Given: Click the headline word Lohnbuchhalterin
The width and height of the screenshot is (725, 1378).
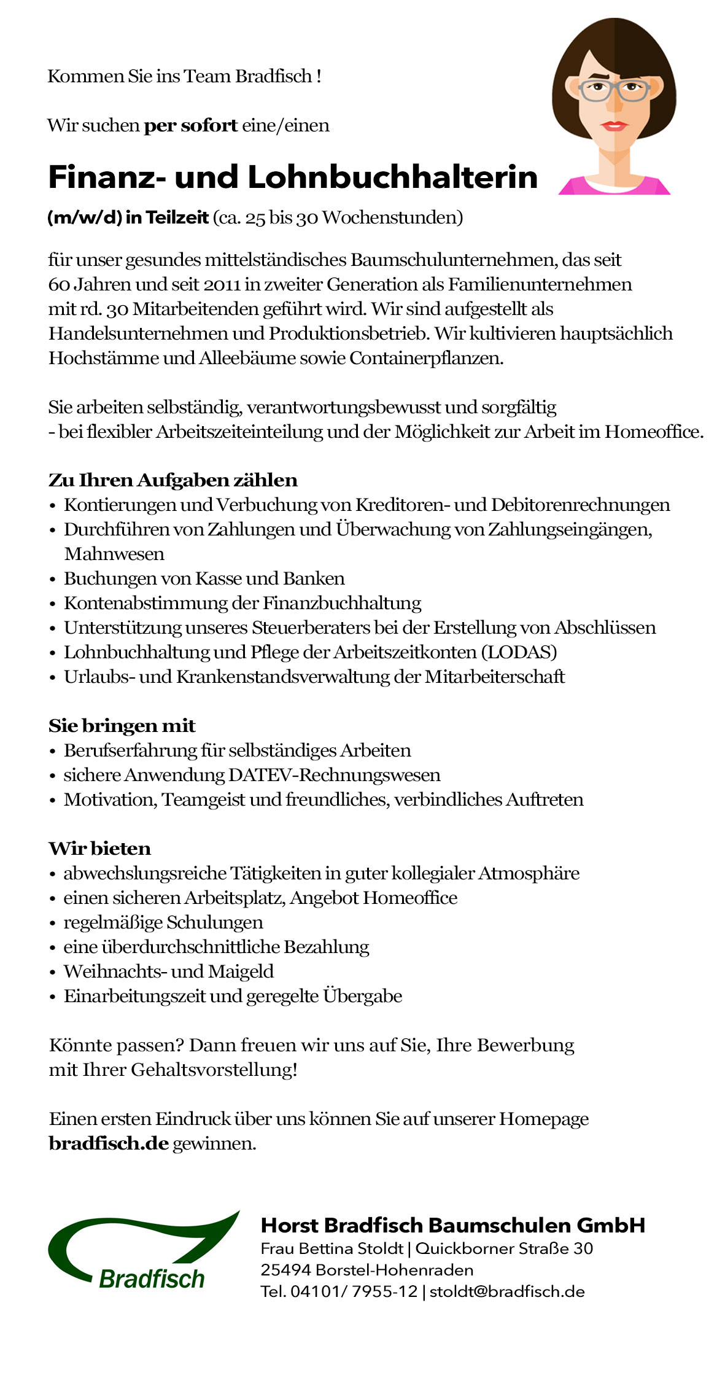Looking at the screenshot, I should click(x=392, y=177).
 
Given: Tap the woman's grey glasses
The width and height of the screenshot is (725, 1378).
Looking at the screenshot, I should click(x=614, y=90).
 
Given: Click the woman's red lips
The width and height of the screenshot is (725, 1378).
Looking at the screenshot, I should click(x=614, y=125).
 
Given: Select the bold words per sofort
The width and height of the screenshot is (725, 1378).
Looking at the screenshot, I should click(x=190, y=125).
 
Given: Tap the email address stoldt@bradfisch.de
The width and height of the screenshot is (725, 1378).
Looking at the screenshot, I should click(x=507, y=1291).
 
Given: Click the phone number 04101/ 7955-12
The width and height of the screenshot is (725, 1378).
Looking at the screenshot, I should click(x=354, y=1291).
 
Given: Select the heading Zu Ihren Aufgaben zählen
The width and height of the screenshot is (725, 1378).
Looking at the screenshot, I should click(x=173, y=480).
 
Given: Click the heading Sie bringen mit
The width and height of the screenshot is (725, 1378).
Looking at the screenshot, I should click(x=122, y=726).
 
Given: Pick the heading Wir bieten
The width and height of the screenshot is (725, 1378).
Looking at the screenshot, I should click(x=100, y=849).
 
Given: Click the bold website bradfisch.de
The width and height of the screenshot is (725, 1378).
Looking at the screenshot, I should click(x=109, y=1143).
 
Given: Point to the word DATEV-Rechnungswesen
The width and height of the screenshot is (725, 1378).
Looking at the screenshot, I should click(x=335, y=775).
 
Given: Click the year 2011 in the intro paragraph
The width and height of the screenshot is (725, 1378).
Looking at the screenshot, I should click(x=222, y=284).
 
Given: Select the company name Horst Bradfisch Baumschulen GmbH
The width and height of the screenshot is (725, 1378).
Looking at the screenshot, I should click(x=453, y=1225).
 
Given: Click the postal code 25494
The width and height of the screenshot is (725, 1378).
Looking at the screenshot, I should click(x=285, y=1270).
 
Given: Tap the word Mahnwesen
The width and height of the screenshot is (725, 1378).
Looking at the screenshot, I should click(x=114, y=554).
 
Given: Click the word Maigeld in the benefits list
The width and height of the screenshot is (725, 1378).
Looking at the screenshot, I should click(x=241, y=971).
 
